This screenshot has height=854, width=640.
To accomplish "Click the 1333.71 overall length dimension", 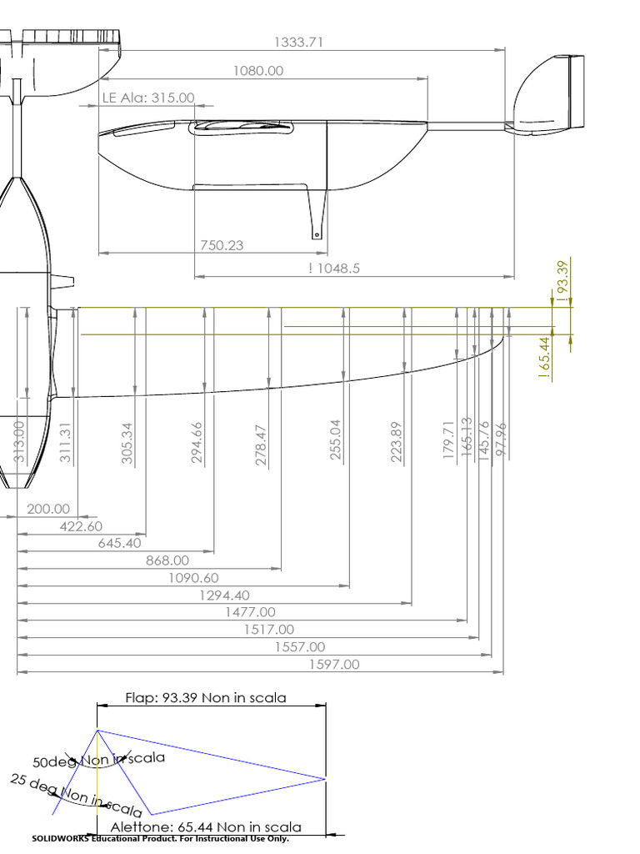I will click(x=297, y=42).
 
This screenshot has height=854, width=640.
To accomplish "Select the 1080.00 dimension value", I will click(x=257, y=71).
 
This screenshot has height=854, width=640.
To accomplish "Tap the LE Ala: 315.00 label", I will click(x=148, y=98).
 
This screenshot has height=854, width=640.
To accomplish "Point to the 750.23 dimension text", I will click(x=222, y=244).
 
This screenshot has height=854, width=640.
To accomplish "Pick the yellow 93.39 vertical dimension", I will click(x=562, y=280).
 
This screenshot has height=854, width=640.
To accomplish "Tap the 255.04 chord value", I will click(x=337, y=440).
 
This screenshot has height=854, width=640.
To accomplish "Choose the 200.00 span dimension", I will click(x=48, y=509).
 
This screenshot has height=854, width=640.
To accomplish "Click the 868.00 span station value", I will click(x=167, y=560).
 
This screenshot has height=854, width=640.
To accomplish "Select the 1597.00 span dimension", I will click(x=334, y=665).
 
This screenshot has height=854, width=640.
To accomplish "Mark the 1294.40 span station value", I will click(x=222, y=595).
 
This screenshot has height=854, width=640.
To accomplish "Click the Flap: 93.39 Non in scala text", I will click(x=205, y=697).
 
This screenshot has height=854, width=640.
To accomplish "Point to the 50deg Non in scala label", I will click(x=98, y=760).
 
